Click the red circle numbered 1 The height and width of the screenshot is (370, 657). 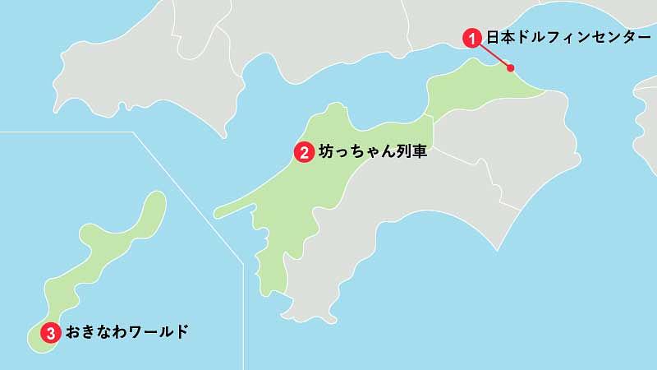point(472,37)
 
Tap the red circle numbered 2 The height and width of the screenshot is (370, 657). point(304,151)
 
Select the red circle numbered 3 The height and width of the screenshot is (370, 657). point(51,333)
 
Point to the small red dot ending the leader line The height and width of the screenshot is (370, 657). point(510,68)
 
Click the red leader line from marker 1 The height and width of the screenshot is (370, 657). point(493,53)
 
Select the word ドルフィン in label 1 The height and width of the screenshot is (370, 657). point(546,37)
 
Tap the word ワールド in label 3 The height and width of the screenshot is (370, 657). point(160,332)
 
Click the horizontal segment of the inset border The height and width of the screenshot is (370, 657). point(66,132)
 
